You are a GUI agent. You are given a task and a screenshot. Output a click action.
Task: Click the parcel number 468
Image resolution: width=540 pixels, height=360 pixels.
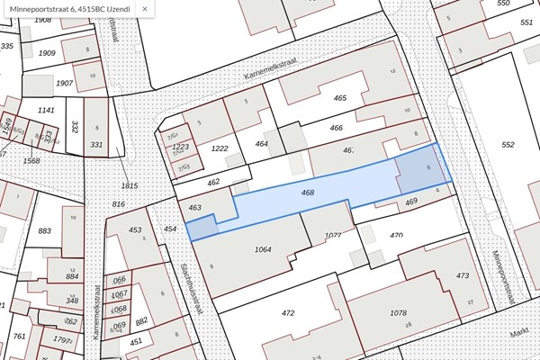308,193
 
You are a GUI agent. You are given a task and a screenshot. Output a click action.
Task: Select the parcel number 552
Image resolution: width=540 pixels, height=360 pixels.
508,144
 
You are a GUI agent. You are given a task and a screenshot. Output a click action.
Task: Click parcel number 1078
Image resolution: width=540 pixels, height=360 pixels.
398,312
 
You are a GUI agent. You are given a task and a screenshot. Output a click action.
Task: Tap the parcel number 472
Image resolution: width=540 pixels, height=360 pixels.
288,313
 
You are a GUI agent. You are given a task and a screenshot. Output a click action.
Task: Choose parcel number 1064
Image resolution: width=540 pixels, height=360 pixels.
264,248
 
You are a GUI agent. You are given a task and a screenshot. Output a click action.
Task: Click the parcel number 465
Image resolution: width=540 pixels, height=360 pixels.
339,97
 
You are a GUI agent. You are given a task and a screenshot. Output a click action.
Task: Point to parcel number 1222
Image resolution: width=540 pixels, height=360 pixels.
219,148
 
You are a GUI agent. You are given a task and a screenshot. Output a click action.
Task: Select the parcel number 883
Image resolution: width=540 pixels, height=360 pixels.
44,232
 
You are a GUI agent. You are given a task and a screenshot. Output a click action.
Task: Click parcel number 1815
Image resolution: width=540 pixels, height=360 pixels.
130,186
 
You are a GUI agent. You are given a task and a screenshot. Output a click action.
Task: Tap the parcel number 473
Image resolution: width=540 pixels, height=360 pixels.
463,275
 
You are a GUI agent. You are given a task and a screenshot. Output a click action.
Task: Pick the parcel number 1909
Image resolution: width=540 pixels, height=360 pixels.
48,53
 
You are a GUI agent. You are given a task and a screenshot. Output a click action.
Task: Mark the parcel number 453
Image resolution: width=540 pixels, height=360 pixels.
136,230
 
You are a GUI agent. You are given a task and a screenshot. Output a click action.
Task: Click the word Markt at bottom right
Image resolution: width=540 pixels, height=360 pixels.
518,331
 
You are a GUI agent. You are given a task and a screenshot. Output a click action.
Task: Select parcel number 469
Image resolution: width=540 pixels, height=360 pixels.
411,202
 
